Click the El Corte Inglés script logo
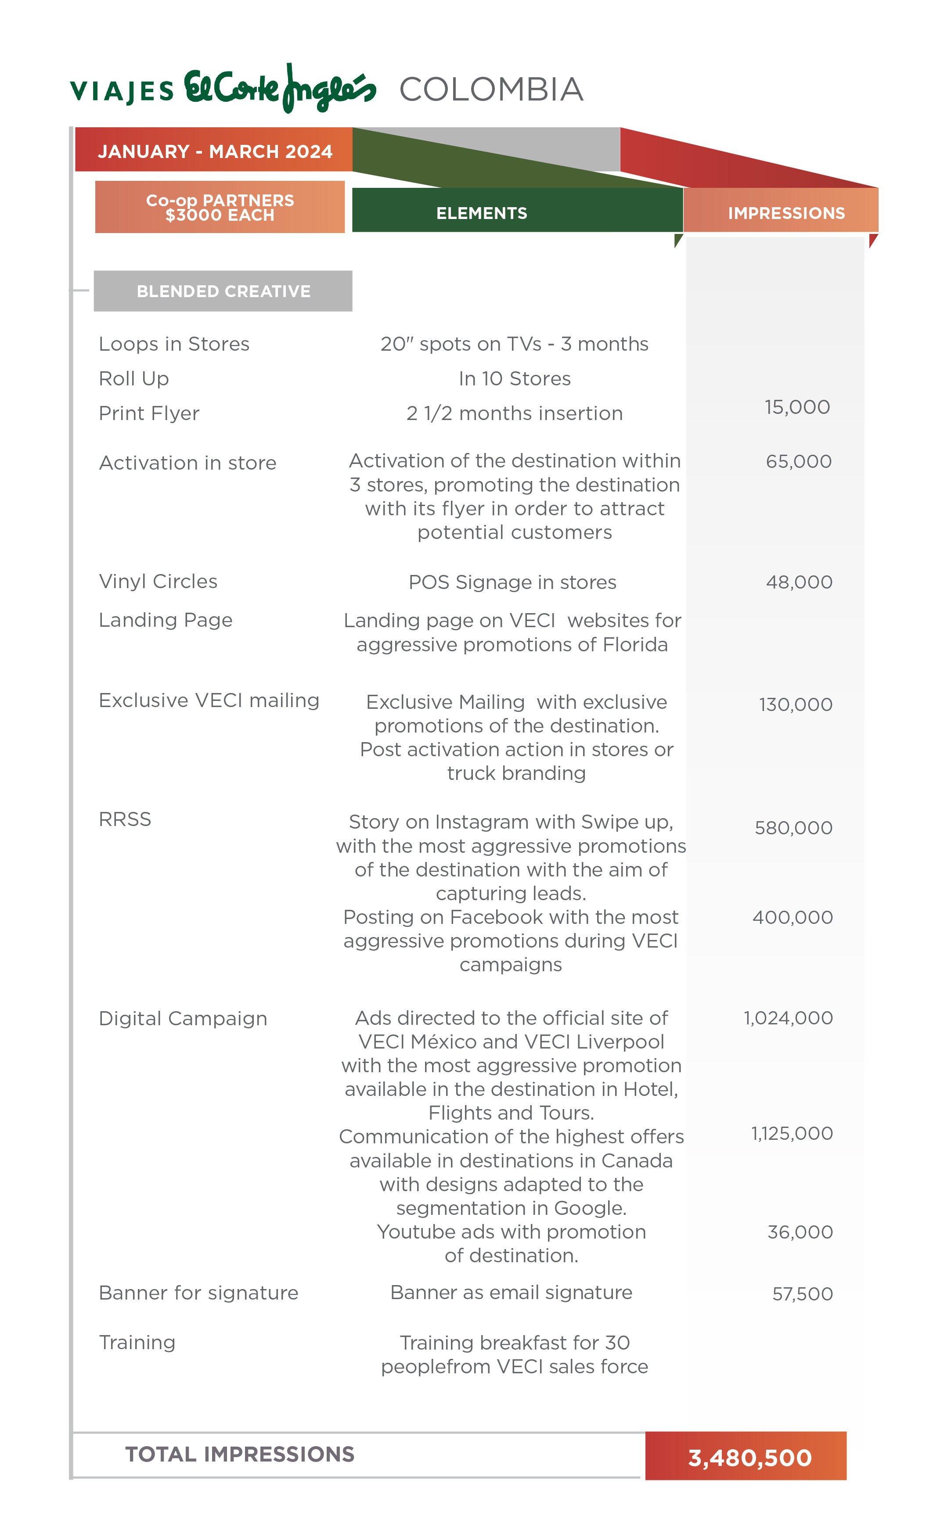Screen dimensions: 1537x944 click(280, 89)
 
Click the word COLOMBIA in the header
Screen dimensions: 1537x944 click(491, 89)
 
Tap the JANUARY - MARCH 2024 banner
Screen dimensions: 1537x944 click(214, 151)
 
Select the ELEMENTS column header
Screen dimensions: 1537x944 click(481, 213)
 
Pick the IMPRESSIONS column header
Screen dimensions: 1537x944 click(785, 213)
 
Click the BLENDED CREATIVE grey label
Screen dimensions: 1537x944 click(223, 291)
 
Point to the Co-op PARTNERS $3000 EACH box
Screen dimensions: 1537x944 click(220, 207)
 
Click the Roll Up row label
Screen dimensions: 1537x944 click(133, 379)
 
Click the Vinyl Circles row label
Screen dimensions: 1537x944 click(158, 581)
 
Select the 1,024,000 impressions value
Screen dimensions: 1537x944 click(788, 1018)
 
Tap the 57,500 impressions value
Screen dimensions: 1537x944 click(802, 1293)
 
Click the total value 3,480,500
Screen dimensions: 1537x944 click(749, 1458)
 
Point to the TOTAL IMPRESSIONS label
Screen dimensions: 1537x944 click(239, 1454)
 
